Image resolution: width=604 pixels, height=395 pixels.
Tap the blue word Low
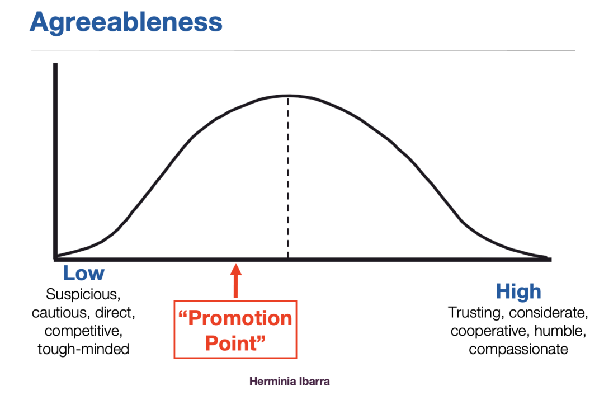(x=83, y=273)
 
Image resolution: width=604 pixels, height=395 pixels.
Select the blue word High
(x=518, y=291)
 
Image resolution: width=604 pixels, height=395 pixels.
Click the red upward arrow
(x=236, y=280)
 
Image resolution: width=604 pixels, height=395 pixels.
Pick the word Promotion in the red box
(x=235, y=318)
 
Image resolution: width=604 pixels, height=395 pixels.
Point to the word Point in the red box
(x=235, y=343)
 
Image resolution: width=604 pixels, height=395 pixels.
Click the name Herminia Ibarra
(x=290, y=382)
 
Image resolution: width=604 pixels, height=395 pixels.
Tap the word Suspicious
(x=83, y=294)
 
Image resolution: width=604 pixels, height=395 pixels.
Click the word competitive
(x=83, y=331)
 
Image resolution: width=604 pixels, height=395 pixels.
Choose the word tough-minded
(x=83, y=349)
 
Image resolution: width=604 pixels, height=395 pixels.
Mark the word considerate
(x=548, y=313)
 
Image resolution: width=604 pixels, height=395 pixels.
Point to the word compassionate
(x=518, y=350)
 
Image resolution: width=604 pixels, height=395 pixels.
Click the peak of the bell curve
(x=288, y=95)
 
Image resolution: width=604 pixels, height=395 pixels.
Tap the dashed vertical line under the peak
(x=288, y=177)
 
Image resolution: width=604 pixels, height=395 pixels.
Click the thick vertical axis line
(x=55, y=161)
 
